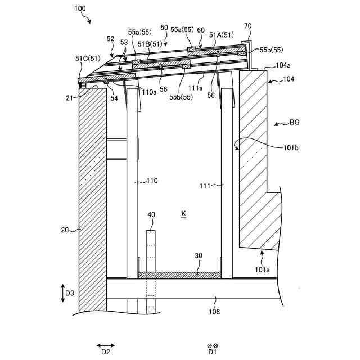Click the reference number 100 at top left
coord(80,9)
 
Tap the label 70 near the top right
coord(248,26)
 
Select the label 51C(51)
coord(88,58)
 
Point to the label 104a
coord(283,65)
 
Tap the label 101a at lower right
coord(263,269)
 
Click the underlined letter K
coord(183,214)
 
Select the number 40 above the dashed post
coord(151,215)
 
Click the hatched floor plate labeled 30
coord(180,274)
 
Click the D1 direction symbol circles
coord(212,345)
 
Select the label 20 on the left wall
coord(66,229)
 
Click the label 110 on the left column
coord(152,181)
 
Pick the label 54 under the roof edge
coord(114,98)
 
